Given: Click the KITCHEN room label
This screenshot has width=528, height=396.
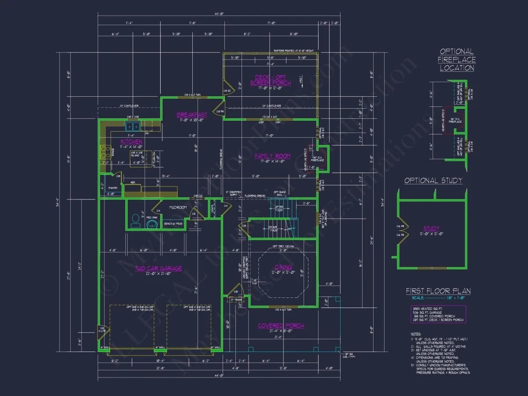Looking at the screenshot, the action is (x=132, y=141).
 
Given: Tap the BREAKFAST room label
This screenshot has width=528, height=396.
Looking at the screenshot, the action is (x=192, y=115).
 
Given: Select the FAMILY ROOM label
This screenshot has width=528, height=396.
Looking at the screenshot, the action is (x=273, y=156).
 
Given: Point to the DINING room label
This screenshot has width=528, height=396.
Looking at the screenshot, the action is (x=283, y=267).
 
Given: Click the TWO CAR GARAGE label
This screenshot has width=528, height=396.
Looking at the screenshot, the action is (x=158, y=268).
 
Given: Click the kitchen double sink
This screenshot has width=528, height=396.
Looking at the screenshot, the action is (x=132, y=127).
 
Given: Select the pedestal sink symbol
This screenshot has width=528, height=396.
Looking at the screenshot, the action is (x=152, y=224).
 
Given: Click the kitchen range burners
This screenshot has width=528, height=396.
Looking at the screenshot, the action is (x=106, y=153).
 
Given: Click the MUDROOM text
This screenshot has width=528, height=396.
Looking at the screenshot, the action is (x=178, y=207).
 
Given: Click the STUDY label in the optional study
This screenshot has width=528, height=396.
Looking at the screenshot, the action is (x=431, y=228).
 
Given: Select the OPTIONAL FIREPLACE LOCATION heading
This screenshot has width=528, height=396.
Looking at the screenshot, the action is (x=457, y=60).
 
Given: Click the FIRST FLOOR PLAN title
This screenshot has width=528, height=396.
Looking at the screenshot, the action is (x=438, y=291).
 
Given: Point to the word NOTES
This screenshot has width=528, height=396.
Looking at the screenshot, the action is (x=416, y=334).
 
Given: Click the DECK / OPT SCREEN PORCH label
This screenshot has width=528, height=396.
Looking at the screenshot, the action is (x=271, y=80).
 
